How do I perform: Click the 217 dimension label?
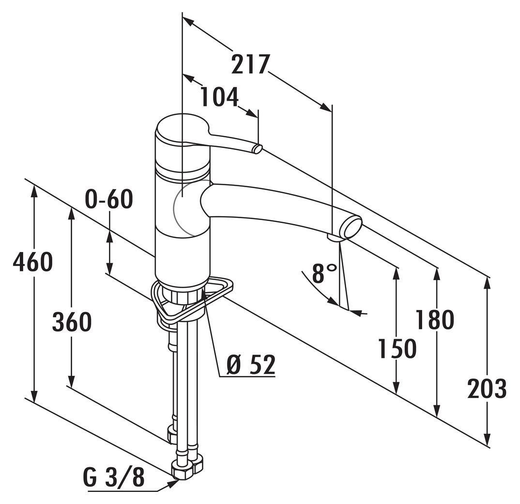pos(249,64)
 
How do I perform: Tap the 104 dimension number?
pos(219,98)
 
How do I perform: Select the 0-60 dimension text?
pos(108,199)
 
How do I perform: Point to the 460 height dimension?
pos(32,262)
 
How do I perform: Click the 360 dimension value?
pos(72,322)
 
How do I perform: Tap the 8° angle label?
pos(324,274)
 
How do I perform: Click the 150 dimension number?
pos(397,349)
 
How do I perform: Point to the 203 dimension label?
pos(487,388)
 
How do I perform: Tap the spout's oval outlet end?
pos(352,227)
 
